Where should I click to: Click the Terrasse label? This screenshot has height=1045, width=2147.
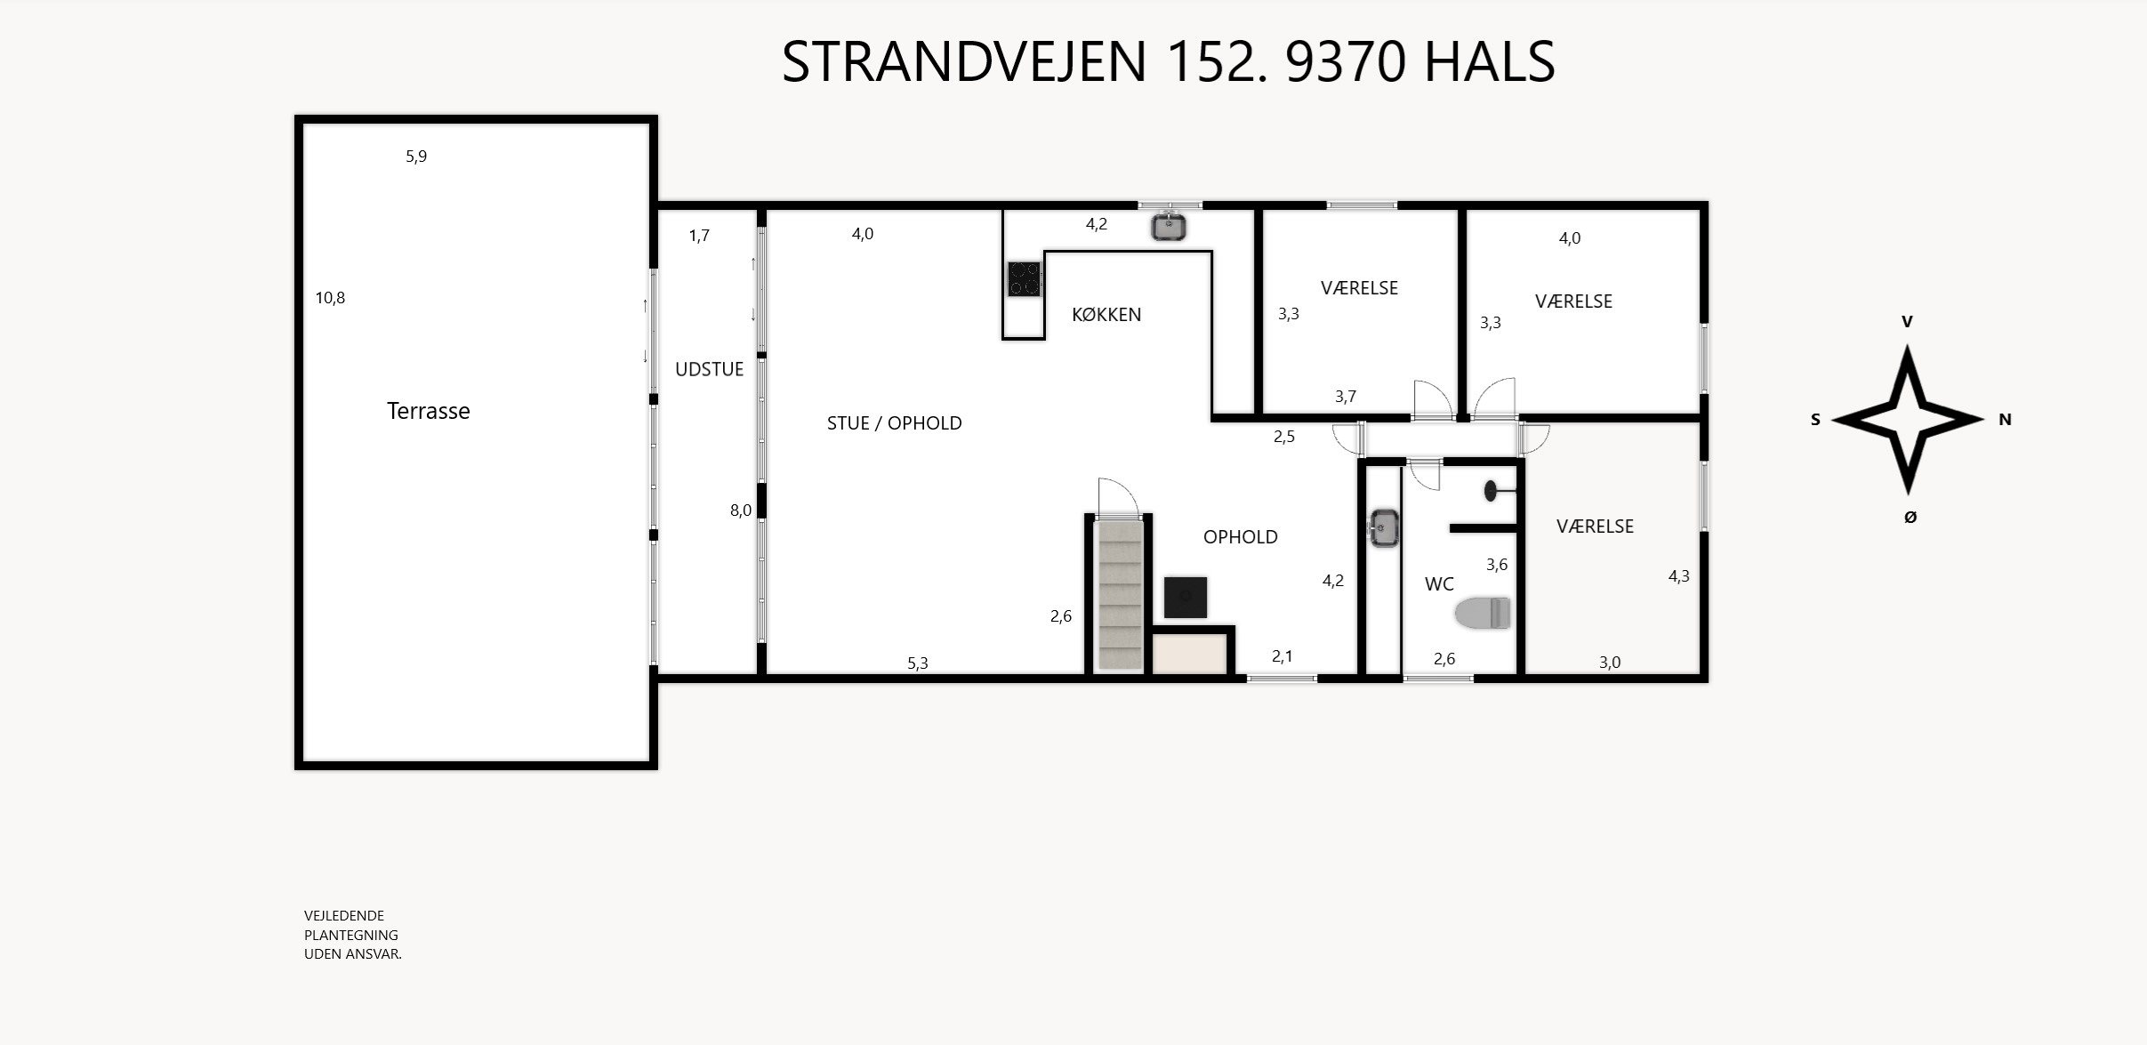pyautogui.click(x=428, y=411)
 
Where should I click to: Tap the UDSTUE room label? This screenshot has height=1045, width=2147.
pyautogui.click(x=709, y=370)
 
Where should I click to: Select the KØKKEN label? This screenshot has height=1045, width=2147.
pyautogui.click(x=1106, y=315)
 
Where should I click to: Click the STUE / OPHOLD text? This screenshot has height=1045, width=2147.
pyautogui.click(x=894, y=423)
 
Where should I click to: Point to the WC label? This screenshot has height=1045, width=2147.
pyautogui.click(x=1439, y=584)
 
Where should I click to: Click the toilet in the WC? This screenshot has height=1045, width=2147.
pyautogui.click(x=1484, y=614)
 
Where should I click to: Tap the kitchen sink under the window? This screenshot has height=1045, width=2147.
pyautogui.click(x=1169, y=228)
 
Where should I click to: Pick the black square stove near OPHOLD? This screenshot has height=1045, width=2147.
pyautogui.click(x=1185, y=598)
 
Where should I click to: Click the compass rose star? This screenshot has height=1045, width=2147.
pyautogui.click(x=1907, y=420)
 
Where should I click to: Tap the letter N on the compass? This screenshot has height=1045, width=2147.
pyautogui.click(x=2005, y=420)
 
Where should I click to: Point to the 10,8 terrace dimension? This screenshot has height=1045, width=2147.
pyautogui.click(x=330, y=299)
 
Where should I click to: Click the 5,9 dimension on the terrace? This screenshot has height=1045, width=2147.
pyautogui.click(x=416, y=157)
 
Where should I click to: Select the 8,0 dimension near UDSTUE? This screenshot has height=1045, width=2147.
pyautogui.click(x=740, y=510)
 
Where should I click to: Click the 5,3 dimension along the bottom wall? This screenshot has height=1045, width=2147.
pyautogui.click(x=917, y=663)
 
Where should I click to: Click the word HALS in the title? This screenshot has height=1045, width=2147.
pyautogui.click(x=1489, y=62)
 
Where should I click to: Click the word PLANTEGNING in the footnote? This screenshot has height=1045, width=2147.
pyautogui.click(x=350, y=935)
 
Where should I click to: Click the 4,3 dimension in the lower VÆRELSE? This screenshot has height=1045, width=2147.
pyautogui.click(x=1678, y=576)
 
